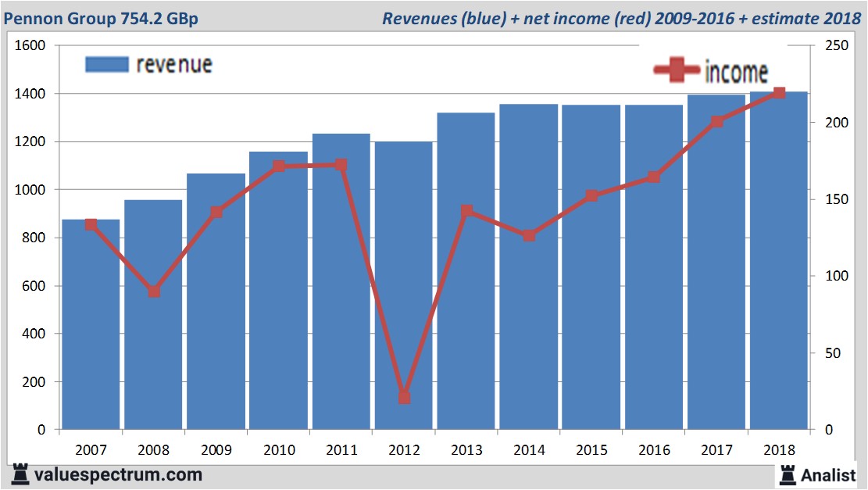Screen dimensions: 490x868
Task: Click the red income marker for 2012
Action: pyautogui.click(x=404, y=397)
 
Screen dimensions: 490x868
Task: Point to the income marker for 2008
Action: pyautogui.click(x=154, y=291)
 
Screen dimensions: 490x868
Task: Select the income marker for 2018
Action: pyautogui.click(x=779, y=94)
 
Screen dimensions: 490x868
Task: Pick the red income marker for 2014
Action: pyautogui.click(x=529, y=235)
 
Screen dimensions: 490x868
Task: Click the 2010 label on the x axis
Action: pyautogui.click(x=279, y=451)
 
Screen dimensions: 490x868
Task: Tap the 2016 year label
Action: pyautogui.click(x=654, y=451)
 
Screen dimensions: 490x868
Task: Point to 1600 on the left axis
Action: pyautogui.click(x=31, y=46)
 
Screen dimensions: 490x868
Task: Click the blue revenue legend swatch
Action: pyautogui.click(x=106, y=65)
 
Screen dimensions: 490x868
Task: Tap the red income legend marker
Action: pyautogui.click(x=677, y=71)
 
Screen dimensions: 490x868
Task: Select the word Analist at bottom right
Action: pyautogui.click(x=829, y=474)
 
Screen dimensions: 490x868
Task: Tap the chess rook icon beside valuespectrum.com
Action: pyautogui.click(x=20, y=474)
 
